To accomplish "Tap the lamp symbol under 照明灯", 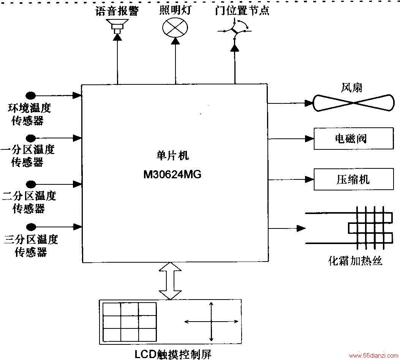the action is pyautogui.click(x=175, y=28).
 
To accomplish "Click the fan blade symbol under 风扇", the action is pyautogui.click(x=353, y=103).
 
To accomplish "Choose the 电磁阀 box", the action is pyautogui.click(x=354, y=139).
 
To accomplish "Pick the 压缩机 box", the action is pyautogui.click(x=354, y=179).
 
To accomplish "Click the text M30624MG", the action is pyautogui.click(x=172, y=174).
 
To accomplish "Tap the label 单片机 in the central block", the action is pyautogui.click(x=173, y=155).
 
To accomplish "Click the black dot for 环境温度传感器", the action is pyautogui.click(x=31, y=95).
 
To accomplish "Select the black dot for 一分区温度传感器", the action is pyautogui.click(x=31, y=138).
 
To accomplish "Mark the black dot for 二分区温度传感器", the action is pyautogui.click(x=31, y=184).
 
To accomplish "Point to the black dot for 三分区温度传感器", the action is pyautogui.click(x=31, y=227).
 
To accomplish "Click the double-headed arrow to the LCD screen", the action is pyautogui.click(x=170, y=281).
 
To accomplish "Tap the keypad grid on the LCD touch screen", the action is pyautogui.click(x=130, y=322).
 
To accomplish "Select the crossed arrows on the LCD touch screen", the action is pyautogui.click(x=211, y=322).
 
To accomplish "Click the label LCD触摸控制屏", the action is pyautogui.click(x=173, y=354).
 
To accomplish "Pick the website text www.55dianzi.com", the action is pyautogui.click(x=373, y=356).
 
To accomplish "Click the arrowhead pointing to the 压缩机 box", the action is pyautogui.click(x=310, y=179).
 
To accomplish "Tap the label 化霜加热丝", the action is pyautogui.click(x=355, y=261).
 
